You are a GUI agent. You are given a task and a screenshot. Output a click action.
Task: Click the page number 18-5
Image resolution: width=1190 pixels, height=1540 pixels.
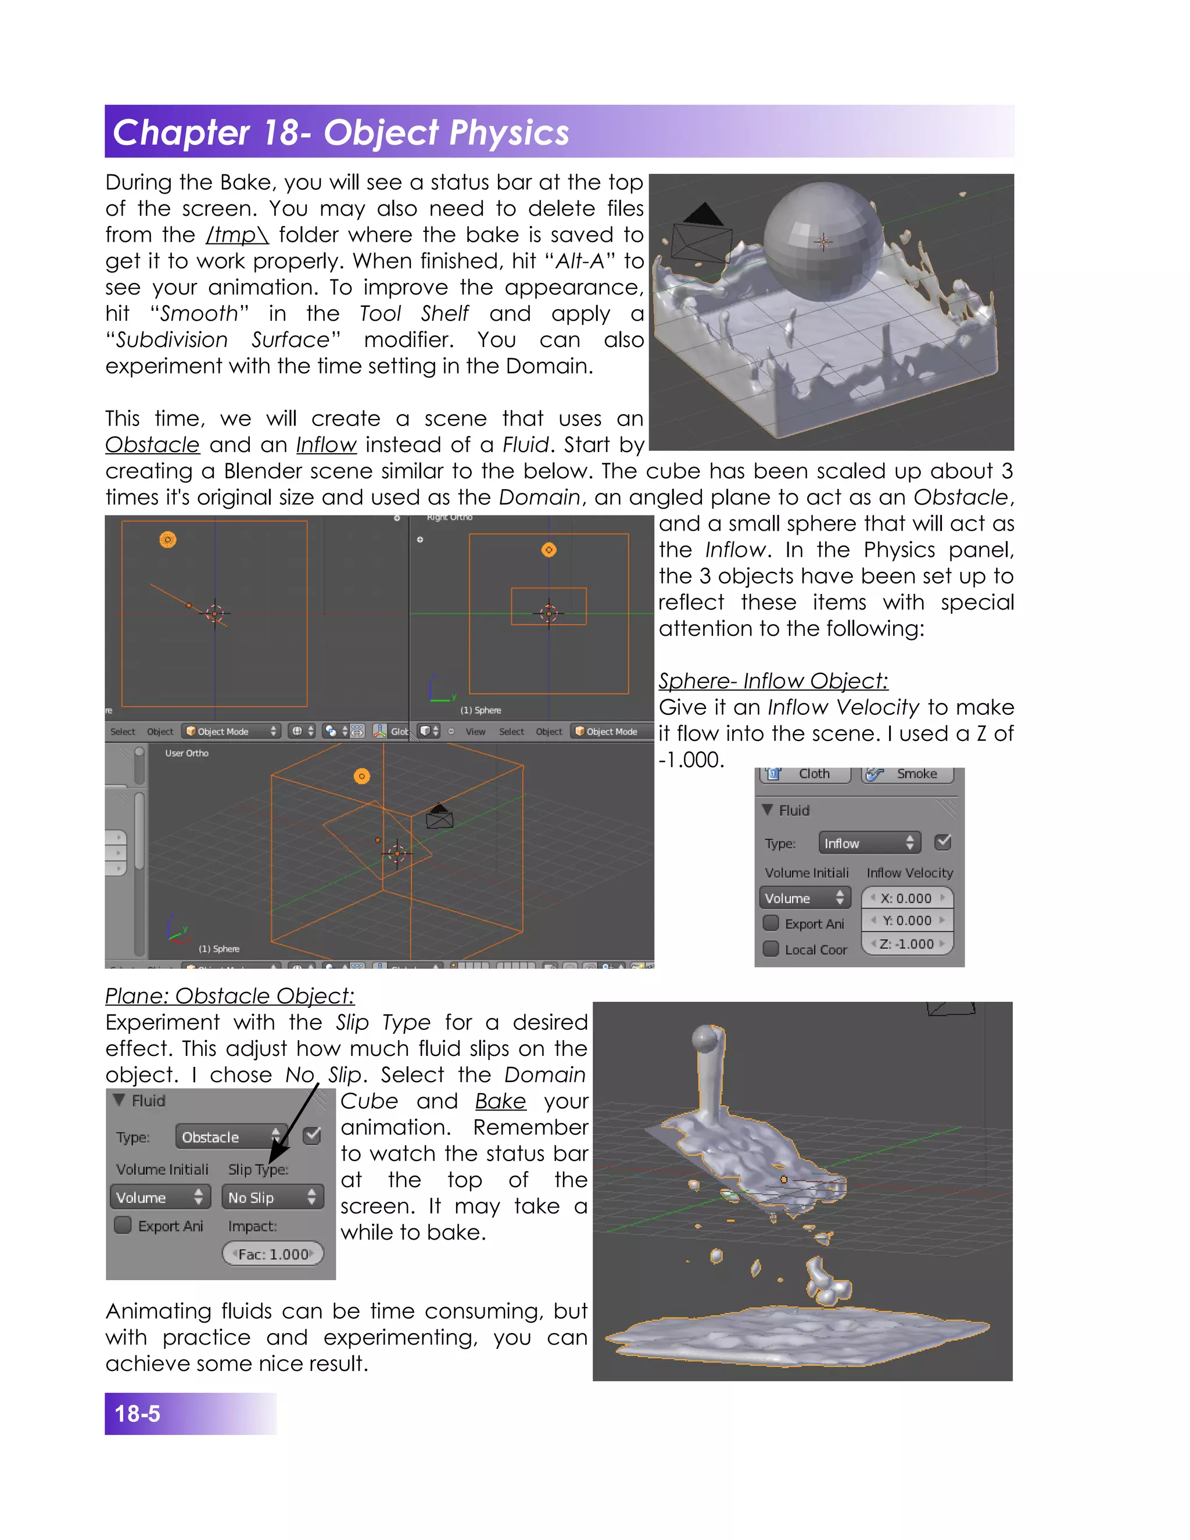click(x=138, y=1413)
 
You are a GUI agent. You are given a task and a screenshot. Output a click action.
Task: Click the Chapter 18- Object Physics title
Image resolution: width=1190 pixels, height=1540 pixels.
click(x=341, y=132)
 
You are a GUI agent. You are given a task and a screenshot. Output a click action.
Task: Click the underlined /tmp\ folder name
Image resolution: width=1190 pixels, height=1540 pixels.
click(x=237, y=235)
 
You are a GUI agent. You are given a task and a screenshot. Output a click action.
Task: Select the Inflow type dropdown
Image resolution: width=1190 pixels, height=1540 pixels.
click(x=869, y=843)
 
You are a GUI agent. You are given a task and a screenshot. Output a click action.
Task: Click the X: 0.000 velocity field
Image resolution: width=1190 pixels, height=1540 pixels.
click(x=906, y=898)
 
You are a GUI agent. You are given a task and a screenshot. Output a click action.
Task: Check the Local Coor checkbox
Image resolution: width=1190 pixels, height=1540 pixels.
click(x=771, y=949)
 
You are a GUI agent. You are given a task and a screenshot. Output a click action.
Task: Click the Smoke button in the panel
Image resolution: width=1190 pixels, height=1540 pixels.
click(x=908, y=774)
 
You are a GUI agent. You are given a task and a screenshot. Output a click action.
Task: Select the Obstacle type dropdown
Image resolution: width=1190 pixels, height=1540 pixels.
click(x=230, y=1137)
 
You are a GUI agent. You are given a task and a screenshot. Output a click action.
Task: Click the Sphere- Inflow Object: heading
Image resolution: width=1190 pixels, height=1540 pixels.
click(x=773, y=681)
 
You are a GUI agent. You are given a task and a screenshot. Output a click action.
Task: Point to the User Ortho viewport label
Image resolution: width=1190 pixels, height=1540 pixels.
click(x=187, y=753)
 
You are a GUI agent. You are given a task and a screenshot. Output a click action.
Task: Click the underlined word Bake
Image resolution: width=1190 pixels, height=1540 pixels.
click(x=500, y=1101)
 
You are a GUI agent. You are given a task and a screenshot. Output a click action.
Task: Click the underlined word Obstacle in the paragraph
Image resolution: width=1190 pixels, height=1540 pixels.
click(x=152, y=445)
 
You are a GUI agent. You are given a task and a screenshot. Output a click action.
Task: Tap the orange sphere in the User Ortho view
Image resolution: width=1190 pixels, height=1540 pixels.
click(x=361, y=776)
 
